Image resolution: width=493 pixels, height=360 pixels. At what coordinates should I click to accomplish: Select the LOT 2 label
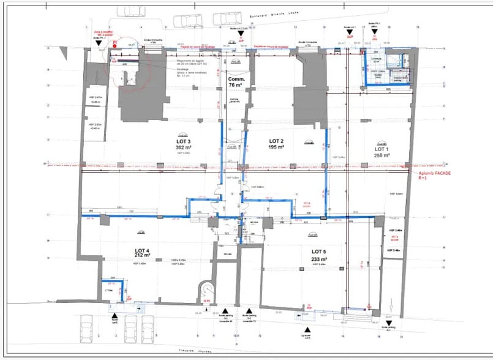(x=277, y=140)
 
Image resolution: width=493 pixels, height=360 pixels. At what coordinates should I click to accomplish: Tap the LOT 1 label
(x=382, y=149)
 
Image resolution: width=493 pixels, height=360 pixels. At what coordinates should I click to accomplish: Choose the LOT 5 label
(x=320, y=252)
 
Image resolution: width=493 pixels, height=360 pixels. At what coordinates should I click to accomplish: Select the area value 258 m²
(x=382, y=156)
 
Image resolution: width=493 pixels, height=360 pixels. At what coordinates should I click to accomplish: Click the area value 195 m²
(x=277, y=147)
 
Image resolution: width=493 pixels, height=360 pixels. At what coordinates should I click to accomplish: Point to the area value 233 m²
(x=320, y=259)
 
